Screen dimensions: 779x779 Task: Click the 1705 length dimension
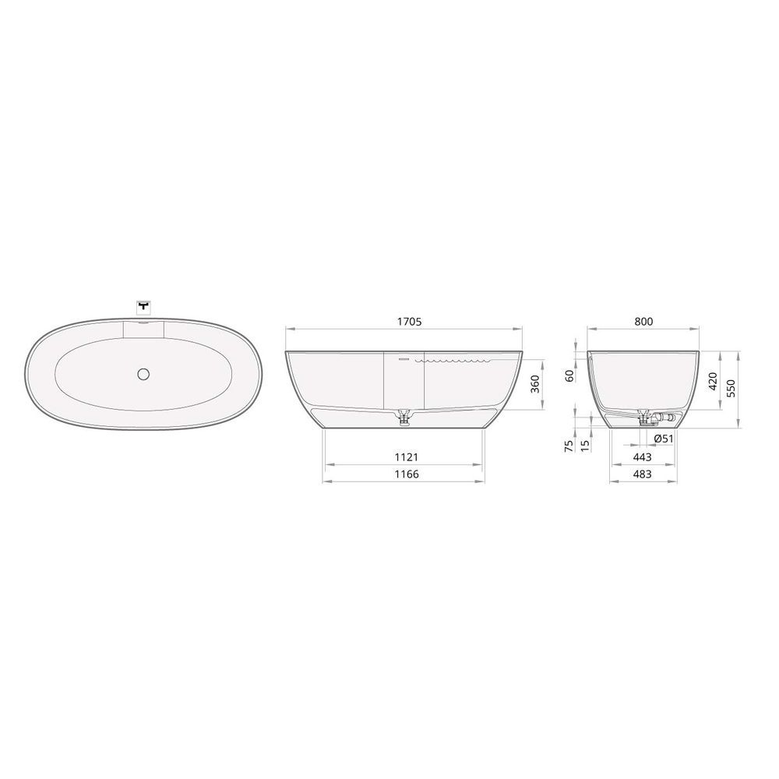[x=410, y=322]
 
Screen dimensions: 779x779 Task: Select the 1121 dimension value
[x=407, y=456]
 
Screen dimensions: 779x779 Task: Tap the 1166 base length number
[x=407, y=474]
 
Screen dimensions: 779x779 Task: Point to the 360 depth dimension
[x=535, y=384]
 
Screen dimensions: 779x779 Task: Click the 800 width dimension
[x=643, y=322]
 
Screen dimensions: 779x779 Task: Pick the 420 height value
[x=713, y=381]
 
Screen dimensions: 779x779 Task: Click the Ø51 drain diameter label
[x=663, y=439]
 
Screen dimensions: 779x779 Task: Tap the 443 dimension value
[x=643, y=456]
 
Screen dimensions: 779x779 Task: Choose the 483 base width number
[x=643, y=474]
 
